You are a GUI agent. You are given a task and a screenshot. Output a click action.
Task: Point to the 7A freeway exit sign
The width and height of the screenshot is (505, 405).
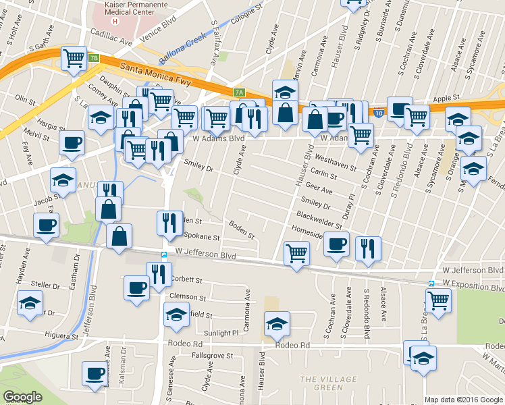(x=238, y=92)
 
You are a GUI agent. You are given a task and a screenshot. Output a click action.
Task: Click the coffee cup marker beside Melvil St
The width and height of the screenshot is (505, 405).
(x=72, y=142)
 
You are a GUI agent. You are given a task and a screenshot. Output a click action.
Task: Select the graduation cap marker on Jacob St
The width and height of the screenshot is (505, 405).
(x=63, y=180)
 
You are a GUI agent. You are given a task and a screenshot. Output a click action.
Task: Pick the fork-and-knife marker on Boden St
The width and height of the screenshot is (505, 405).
(x=169, y=223)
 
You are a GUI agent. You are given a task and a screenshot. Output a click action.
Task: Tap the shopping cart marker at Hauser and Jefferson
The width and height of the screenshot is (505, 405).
(x=296, y=254)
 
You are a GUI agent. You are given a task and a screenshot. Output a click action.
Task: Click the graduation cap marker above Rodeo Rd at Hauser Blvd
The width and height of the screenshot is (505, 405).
(x=276, y=324)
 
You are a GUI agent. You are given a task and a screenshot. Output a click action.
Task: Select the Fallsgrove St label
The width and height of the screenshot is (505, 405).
(x=213, y=355)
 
